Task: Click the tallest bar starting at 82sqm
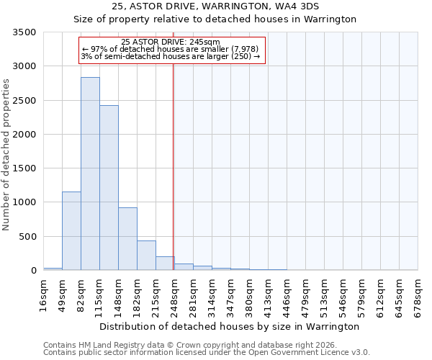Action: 90,174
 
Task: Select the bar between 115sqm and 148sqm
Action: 109,187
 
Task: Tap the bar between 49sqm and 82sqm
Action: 71,230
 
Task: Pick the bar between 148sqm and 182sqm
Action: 127,238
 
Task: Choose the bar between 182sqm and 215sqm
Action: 146,255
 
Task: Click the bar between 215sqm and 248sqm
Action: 165,263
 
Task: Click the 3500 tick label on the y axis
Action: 24,32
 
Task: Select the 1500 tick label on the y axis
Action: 24,168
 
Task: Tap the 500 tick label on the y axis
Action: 27,236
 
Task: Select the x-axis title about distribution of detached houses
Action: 229,326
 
